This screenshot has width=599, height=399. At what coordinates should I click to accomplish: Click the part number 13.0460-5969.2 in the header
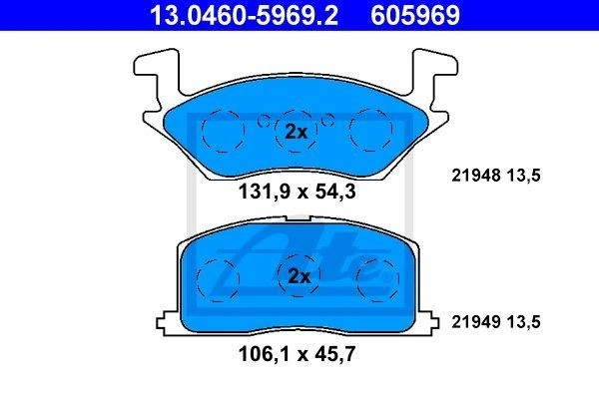244,15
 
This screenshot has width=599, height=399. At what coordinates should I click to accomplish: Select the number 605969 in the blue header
415,15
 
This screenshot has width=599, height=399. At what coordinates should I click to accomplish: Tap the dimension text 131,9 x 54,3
297,192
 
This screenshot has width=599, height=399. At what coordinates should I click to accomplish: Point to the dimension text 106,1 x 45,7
297,354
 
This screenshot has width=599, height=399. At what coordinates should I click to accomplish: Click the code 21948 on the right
475,176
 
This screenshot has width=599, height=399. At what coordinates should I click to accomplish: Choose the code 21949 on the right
475,322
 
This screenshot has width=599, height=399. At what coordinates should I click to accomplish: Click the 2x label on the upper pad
297,132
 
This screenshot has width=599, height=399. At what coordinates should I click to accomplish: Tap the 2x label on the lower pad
299,276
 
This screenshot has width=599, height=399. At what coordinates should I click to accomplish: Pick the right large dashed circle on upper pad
350,130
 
